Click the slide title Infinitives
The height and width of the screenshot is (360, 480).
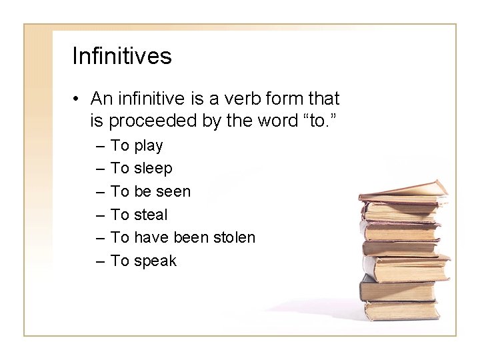[x=121, y=56]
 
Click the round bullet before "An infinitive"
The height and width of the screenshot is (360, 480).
[x=78, y=99]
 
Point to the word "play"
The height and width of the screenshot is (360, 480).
[x=149, y=145]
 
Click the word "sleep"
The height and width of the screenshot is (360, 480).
[x=153, y=169]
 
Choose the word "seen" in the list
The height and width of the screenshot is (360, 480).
[x=173, y=191]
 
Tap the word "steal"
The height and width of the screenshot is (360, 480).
[x=151, y=215]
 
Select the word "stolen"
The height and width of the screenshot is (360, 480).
[x=233, y=237]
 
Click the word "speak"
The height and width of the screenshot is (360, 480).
[x=155, y=261]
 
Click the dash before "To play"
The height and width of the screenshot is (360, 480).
[x=99, y=146]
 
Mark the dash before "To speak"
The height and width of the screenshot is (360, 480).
[x=99, y=261]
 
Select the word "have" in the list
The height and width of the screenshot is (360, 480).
[x=152, y=237]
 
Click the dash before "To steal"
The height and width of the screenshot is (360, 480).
[x=99, y=215]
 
